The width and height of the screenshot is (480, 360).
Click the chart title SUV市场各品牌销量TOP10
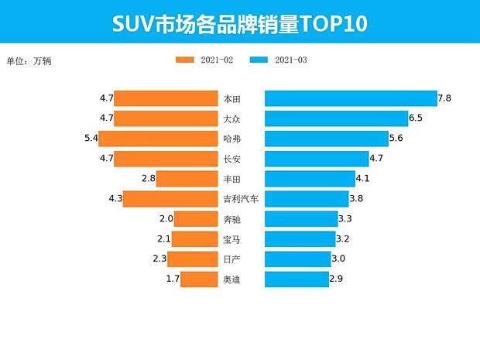point(239,23)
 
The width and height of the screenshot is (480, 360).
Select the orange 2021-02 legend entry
point(205,60)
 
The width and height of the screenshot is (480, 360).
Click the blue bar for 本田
point(351,98)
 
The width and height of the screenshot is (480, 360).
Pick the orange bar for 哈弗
point(158,139)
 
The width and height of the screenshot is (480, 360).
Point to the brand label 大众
point(231,118)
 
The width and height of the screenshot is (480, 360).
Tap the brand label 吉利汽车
point(240,199)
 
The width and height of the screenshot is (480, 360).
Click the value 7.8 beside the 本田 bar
point(444,98)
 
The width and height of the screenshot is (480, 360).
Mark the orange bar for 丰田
point(187,179)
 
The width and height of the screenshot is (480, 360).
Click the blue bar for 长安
point(317,159)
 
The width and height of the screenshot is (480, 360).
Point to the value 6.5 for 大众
point(416,118)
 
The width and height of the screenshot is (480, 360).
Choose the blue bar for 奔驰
point(301,219)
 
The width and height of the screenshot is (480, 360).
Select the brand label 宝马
point(231,239)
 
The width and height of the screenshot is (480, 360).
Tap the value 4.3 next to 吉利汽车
point(116,199)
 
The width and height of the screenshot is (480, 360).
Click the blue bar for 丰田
point(310,179)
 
